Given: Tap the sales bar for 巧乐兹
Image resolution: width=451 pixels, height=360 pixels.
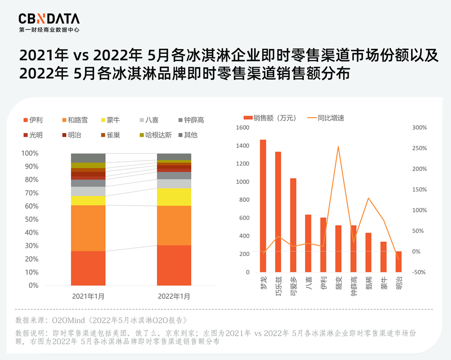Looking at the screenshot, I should (278, 211).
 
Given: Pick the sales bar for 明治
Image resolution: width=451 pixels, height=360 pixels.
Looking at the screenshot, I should (398, 262).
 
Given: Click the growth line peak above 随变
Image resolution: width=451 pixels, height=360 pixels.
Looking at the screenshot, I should (338, 147).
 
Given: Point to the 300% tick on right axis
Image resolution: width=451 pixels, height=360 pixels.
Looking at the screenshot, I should (419, 128).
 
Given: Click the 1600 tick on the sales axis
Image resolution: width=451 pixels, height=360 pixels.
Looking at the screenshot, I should (242, 128).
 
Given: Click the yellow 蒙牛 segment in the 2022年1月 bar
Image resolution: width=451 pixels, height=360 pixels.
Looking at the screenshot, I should (174, 197).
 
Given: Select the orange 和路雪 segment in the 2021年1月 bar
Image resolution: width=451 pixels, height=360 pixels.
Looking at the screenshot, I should (88, 228).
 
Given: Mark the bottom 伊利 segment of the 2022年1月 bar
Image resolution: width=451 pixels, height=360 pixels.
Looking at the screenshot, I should (174, 265).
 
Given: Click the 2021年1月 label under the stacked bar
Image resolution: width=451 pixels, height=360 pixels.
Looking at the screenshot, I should (88, 296).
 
